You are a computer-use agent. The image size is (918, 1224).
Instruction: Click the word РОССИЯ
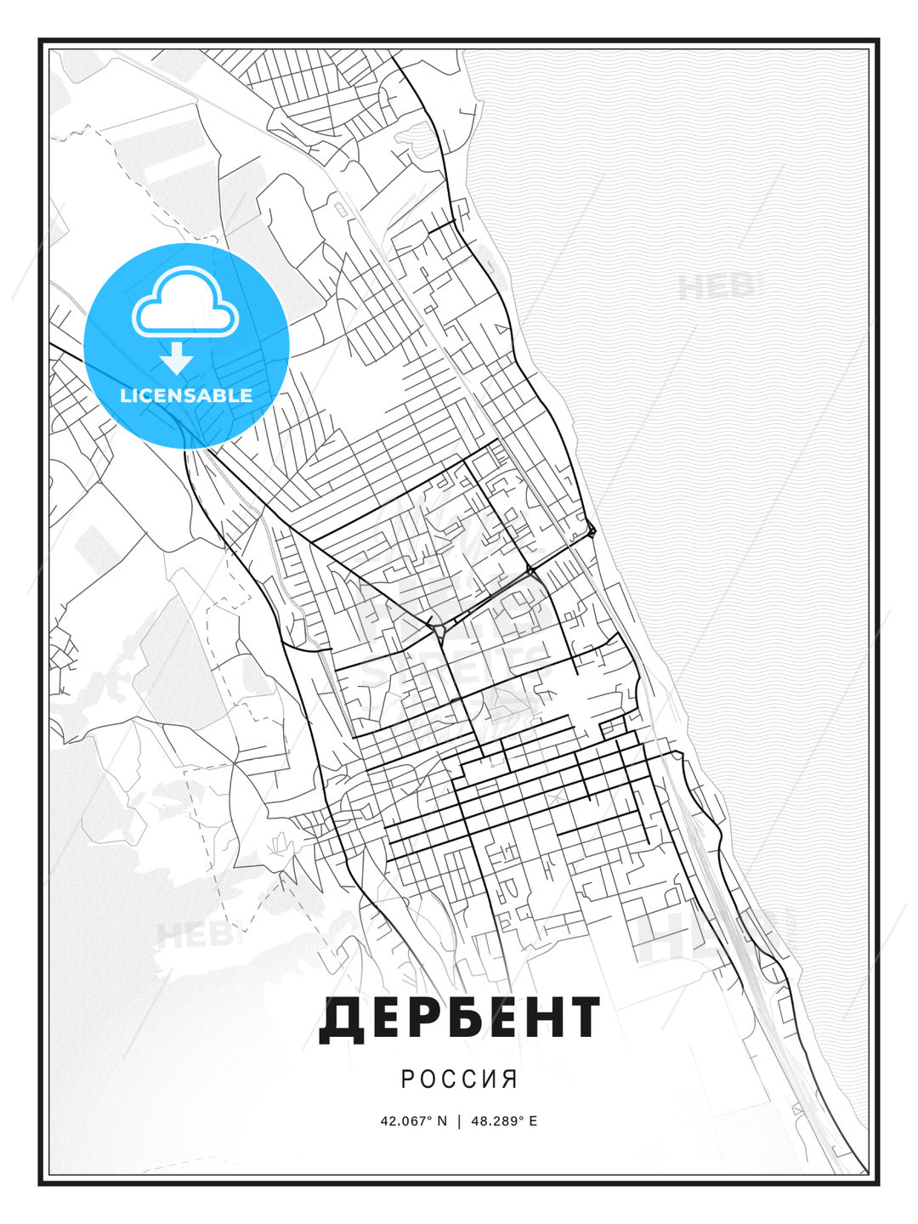point(459,1079)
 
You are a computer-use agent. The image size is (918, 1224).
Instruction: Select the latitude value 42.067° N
point(413,1121)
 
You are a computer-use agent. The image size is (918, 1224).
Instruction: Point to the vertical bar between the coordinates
point(459,1121)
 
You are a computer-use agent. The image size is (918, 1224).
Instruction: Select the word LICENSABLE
point(186,395)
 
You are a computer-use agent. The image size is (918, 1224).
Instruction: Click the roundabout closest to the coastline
point(592,532)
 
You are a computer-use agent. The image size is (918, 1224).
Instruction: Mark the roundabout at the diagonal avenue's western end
point(439,631)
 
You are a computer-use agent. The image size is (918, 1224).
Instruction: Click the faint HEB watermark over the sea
point(717,286)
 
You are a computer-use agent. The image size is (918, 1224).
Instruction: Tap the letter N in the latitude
point(441,1121)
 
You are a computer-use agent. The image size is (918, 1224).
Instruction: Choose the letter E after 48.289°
point(533,1121)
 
